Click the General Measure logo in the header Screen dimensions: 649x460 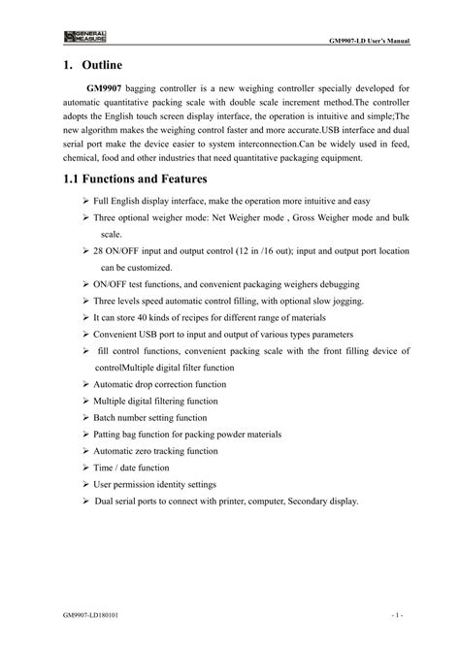click(x=85, y=36)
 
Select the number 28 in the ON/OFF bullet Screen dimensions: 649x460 click(x=100, y=250)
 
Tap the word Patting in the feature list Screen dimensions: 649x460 click(x=111, y=434)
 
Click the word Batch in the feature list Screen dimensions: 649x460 click(x=107, y=417)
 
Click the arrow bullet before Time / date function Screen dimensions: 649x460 click(x=85, y=468)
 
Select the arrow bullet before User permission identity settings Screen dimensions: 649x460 click(x=85, y=484)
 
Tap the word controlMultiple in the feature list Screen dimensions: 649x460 click(x=134, y=368)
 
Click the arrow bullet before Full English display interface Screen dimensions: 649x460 click(x=85, y=200)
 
